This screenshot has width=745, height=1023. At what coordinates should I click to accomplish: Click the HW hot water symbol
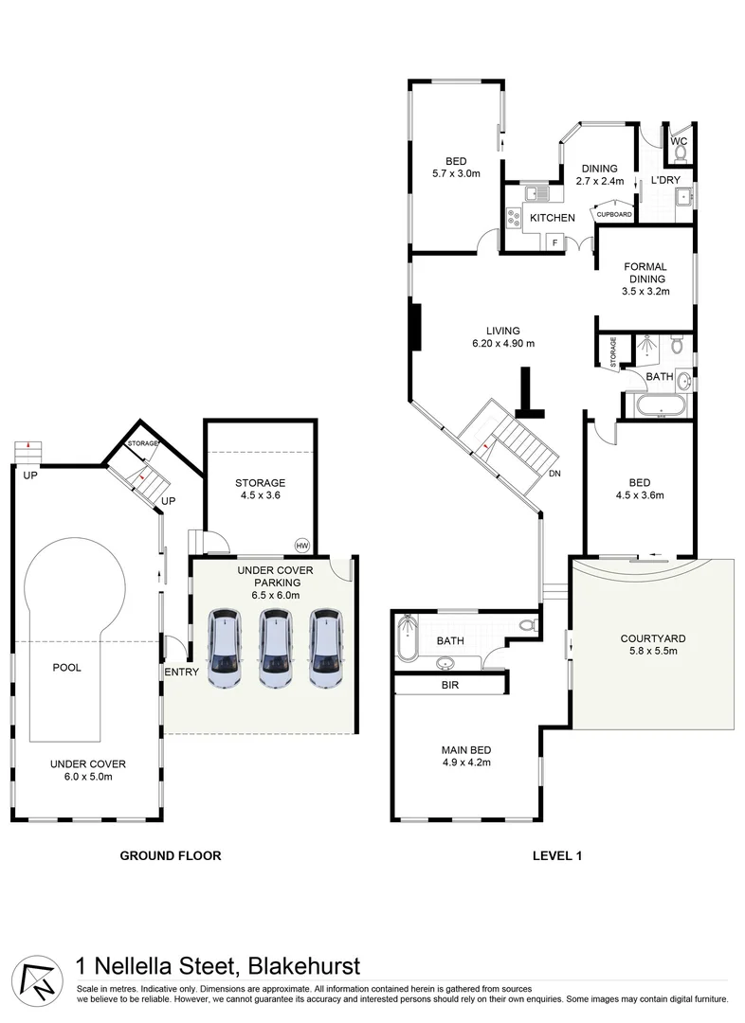[302, 545]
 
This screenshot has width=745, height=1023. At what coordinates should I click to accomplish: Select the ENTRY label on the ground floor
[181, 672]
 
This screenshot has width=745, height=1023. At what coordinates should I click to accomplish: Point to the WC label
[679, 142]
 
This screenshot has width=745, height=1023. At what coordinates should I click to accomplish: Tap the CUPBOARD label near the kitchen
[613, 215]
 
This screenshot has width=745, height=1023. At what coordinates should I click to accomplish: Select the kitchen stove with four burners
[515, 218]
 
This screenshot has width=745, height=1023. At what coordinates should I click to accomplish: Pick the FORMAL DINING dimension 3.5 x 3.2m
[645, 292]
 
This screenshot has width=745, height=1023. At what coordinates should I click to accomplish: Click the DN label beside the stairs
[554, 475]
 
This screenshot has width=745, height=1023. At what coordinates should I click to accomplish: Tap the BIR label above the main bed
[449, 683]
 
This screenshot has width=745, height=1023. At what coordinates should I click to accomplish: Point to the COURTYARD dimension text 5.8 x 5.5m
[652, 652]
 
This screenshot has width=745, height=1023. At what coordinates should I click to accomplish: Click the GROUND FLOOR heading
[170, 855]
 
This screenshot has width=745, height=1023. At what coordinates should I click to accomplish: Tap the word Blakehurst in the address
[303, 967]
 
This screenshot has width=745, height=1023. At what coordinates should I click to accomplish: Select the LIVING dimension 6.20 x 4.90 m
[503, 344]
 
